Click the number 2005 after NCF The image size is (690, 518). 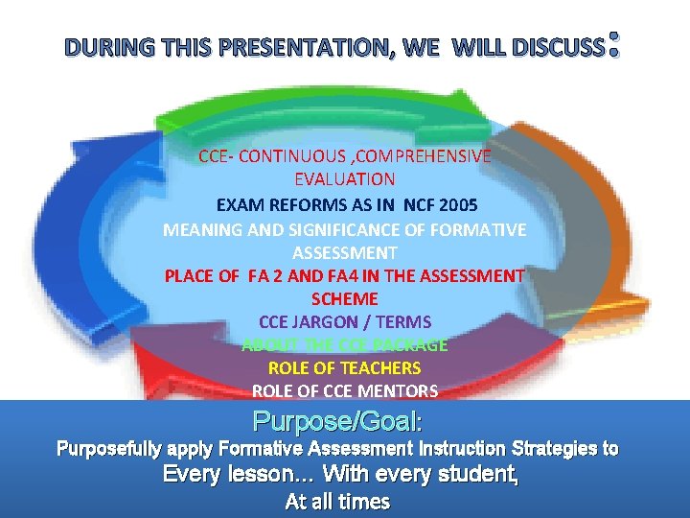[458, 204]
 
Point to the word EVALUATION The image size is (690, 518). [345, 178]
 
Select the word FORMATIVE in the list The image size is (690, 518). [482, 230]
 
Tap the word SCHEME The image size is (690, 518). [345, 299]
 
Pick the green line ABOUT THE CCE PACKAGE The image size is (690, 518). [345, 345]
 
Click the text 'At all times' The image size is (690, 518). [338, 502]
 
